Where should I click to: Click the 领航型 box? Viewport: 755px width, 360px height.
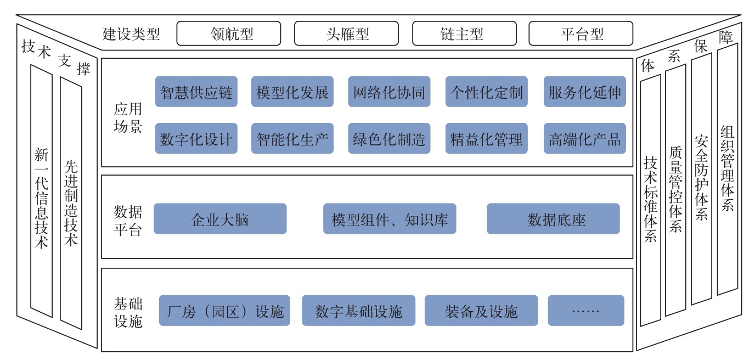pyautogui.click(x=228, y=33)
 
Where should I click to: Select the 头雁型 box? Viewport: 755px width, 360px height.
pyautogui.click(x=346, y=33)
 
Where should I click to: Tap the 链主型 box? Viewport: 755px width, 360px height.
pyautogui.click(x=464, y=33)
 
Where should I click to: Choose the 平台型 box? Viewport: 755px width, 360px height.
pyautogui.click(x=581, y=33)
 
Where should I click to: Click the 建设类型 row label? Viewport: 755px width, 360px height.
pyautogui.click(x=131, y=34)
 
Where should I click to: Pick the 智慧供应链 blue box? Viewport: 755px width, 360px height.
pyautogui.click(x=196, y=92)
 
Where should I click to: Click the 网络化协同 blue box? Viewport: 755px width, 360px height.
pyautogui.click(x=389, y=92)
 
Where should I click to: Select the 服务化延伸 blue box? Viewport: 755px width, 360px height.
pyautogui.click(x=585, y=92)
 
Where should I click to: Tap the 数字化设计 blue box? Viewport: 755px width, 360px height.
pyautogui.click(x=196, y=138)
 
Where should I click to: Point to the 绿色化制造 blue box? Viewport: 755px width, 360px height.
pyautogui.click(x=389, y=138)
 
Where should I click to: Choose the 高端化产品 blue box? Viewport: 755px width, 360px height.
pyautogui.click(x=585, y=138)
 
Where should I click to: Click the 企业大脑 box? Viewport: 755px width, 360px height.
pyautogui.click(x=220, y=219)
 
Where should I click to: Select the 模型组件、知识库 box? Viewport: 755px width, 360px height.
pyautogui.click(x=390, y=219)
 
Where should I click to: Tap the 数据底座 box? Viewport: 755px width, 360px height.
pyautogui.click(x=553, y=219)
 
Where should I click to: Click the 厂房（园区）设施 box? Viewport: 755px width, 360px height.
pyautogui.click(x=224, y=311)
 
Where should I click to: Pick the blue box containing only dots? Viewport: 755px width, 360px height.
pyautogui.click(x=586, y=311)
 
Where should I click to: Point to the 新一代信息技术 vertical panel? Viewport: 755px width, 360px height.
pyautogui.click(x=42, y=191)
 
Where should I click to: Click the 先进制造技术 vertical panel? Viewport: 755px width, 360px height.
pyautogui.click(x=71, y=203)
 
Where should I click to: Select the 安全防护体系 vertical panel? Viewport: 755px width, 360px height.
pyautogui.click(x=701, y=179)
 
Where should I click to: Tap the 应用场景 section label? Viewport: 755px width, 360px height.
pyautogui.click(x=128, y=117)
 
